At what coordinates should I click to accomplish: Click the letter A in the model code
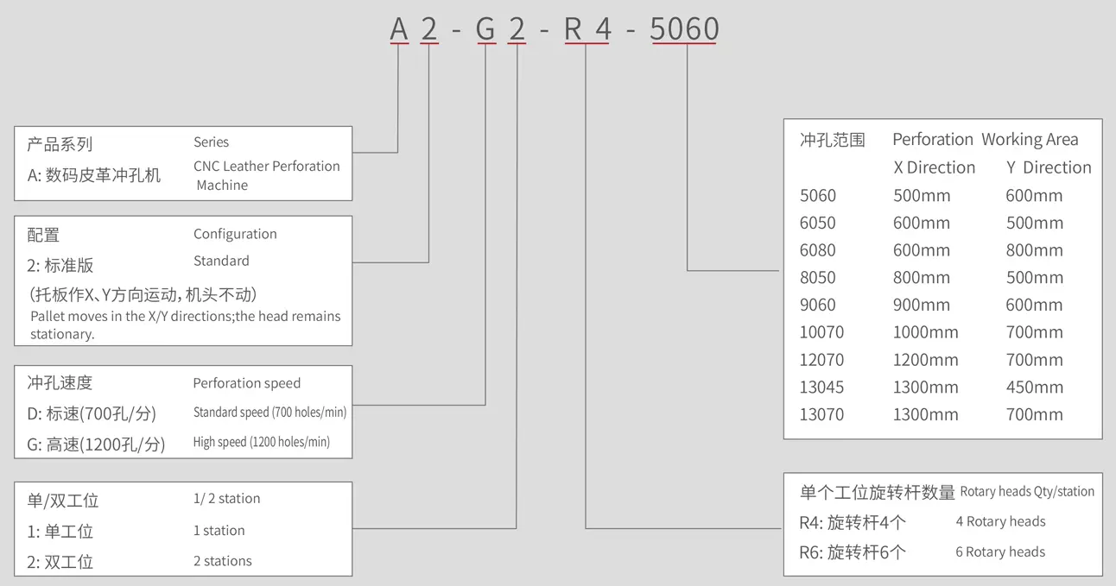[398, 29]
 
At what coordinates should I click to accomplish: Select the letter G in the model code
[485, 29]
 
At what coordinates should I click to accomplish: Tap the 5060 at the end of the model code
[684, 29]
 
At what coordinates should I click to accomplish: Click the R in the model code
[573, 29]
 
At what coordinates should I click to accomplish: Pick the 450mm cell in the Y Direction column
[1034, 388]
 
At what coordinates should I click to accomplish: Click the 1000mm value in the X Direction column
[925, 332]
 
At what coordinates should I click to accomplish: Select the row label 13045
[821, 388]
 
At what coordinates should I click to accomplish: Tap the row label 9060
[817, 305]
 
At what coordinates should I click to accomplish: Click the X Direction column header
[934, 167]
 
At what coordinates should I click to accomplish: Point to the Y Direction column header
[1049, 167]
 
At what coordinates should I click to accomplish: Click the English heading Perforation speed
[246, 383]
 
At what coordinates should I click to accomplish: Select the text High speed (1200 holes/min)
[261, 442]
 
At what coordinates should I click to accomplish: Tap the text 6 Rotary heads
[1000, 552]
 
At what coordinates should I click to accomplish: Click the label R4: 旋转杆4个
[853, 523]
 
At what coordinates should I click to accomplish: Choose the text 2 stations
[223, 561]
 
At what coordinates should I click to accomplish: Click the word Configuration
[235, 234]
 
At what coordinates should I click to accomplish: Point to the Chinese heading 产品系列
[60, 144]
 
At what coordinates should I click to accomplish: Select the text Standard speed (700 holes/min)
[269, 413]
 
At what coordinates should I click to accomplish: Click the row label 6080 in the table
[817, 250]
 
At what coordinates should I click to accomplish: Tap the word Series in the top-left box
[211, 142]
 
